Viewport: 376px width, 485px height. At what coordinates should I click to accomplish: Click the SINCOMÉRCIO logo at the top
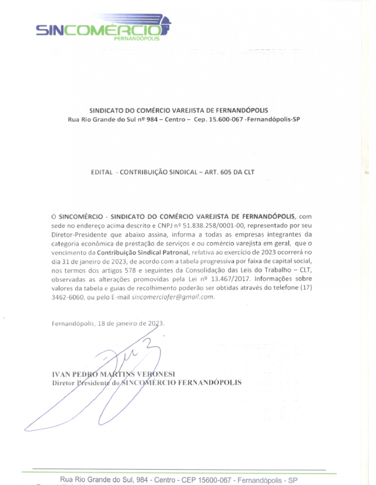[x=103, y=28]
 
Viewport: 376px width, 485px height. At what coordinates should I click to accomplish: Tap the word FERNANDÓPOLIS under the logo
[x=137, y=39]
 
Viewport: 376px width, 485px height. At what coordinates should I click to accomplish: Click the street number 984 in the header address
[x=152, y=120]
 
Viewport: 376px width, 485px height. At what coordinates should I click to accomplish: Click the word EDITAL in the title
[x=102, y=172]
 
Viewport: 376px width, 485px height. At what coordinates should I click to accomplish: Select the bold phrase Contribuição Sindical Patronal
[x=143, y=253]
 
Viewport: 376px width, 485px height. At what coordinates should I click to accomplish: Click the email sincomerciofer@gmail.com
[x=173, y=297]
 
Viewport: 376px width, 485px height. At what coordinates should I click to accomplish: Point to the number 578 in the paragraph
[x=130, y=270]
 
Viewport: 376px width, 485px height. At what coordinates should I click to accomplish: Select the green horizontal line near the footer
[x=179, y=472]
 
